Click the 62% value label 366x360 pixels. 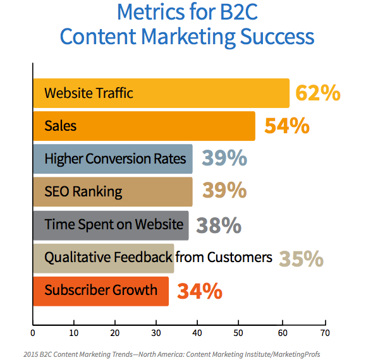(x=318, y=93)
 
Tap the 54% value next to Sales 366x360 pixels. (x=287, y=126)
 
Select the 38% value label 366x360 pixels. (x=219, y=225)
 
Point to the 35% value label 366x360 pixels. (x=301, y=258)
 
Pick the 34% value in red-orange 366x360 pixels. (x=200, y=291)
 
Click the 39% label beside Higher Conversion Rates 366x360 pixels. (x=224, y=158)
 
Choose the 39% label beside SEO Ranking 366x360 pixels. (x=224, y=190)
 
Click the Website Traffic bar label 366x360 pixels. (x=88, y=93)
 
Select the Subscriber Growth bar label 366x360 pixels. (x=101, y=290)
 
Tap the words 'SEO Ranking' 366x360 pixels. (x=83, y=192)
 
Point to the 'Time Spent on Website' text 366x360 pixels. (x=114, y=225)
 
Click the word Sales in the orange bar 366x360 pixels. (x=61, y=126)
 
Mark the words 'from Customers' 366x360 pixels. (x=224, y=257)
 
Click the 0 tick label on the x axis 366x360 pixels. (x=33, y=333)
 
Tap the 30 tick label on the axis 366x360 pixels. (x=156, y=333)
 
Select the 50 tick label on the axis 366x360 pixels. (x=238, y=333)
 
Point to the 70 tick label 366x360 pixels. (x=325, y=333)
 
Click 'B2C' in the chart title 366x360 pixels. (x=238, y=12)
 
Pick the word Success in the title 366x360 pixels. (x=277, y=37)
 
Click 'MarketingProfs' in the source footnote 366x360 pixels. (x=296, y=354)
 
